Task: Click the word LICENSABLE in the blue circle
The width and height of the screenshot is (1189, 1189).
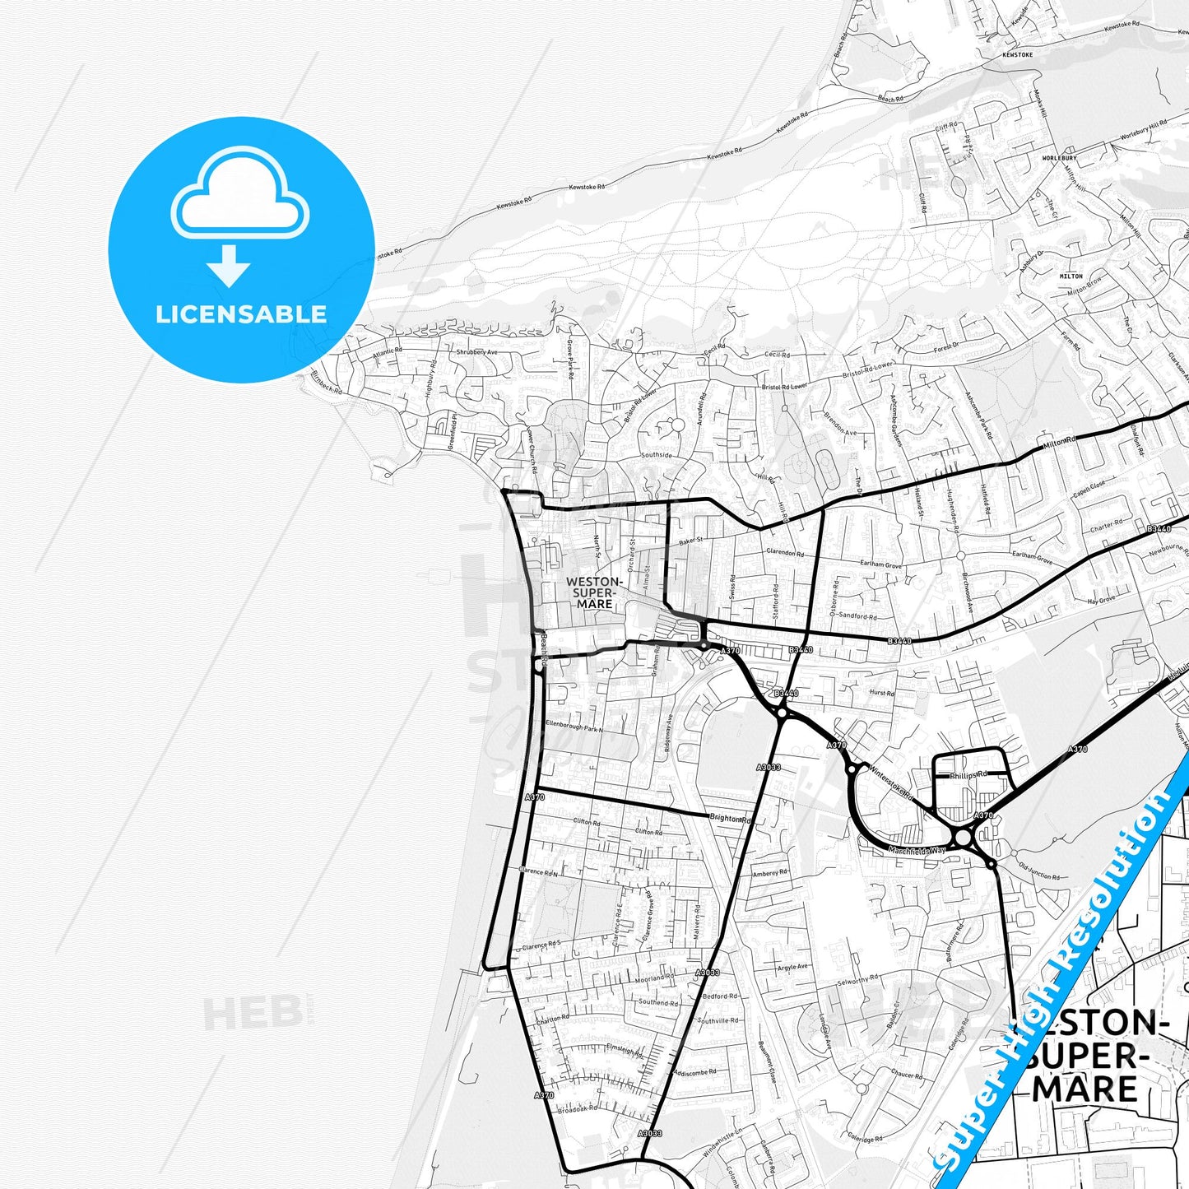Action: click(241, 314)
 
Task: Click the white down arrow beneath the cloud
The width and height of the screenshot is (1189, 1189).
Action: click(229, 266)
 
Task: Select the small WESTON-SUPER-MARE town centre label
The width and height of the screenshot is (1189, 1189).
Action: click(594, 592)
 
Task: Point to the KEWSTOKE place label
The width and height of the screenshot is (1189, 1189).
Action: click(1017, 54)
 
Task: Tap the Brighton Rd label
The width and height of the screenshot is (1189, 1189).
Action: click(731, 820)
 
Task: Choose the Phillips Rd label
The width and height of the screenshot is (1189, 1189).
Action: click(968, 775)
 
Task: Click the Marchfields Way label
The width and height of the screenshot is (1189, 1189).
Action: click(917, 850)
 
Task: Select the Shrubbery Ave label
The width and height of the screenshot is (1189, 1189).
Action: click(477, 352)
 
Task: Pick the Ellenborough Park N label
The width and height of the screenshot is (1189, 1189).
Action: click(574, 727)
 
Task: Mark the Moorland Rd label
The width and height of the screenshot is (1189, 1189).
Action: click(654, 978)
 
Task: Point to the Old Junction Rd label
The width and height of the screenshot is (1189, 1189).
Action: click(1039, 871)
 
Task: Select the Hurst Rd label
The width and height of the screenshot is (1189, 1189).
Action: click(881, 693)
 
